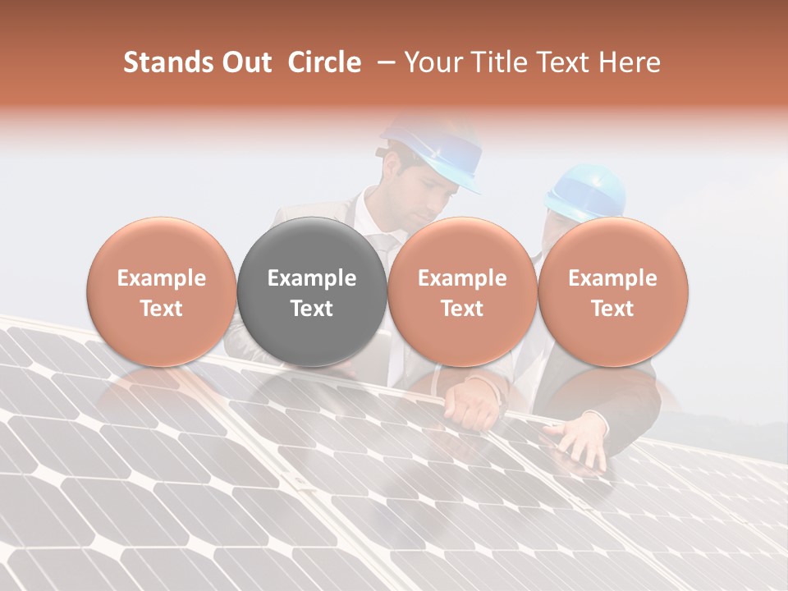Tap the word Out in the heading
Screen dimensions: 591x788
pyautogui.click(x=244, y=62)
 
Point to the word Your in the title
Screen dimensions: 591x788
pyautogui.click(x=431, y=62)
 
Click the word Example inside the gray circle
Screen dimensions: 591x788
pyautogui.click(x=312, y=278)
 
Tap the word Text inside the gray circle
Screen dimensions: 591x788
pyautogui.click(x=312, y=309)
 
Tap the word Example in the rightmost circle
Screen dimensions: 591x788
pyautogui.click(x=613, y=278)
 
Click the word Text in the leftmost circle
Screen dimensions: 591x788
pyautogui.click(x=162, y=309)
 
